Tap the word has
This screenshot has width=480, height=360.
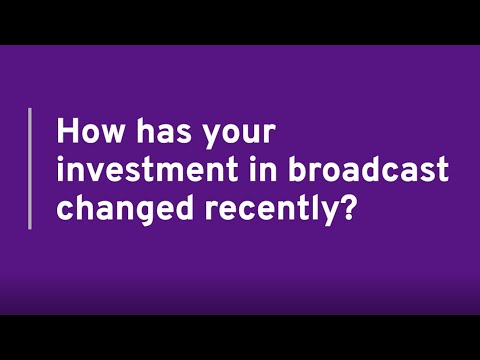153,132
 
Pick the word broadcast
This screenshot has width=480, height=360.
357,170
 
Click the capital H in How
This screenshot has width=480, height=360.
69,132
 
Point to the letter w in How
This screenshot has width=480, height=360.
107,135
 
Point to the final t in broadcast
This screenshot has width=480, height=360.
441,170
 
